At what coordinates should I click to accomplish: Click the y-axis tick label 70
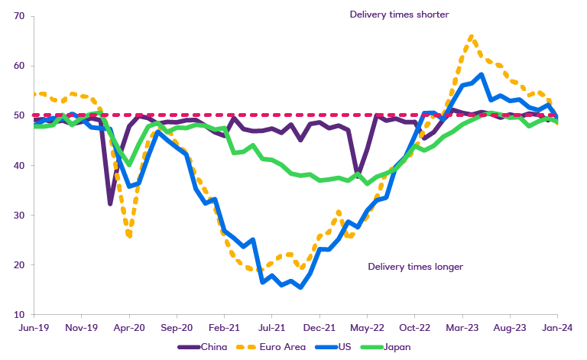19,16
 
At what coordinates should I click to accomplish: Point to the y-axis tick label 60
19,66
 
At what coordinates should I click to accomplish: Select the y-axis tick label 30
19,215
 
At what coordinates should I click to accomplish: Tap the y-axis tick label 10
19,314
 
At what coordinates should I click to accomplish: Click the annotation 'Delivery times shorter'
399,14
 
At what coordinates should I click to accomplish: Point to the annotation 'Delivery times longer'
416,267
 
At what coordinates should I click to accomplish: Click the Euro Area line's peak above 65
471,36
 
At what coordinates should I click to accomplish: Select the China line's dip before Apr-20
110,204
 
